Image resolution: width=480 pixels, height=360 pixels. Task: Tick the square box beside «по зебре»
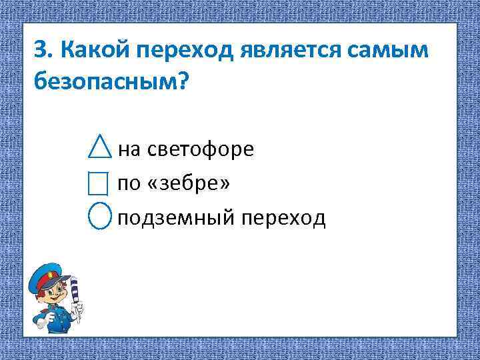click(99, 182)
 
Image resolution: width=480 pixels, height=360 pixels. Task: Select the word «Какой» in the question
click(96, 49)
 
